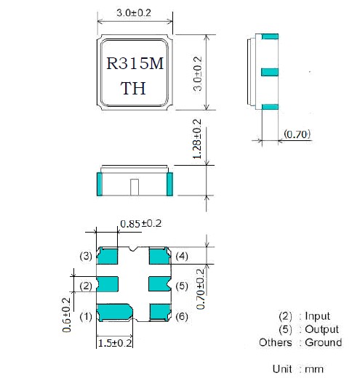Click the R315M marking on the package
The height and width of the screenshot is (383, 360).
(135, 63)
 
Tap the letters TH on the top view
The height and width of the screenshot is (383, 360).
(133, 88)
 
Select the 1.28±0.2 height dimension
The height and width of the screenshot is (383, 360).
(197, 139)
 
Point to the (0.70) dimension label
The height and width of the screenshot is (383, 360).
(297, 134)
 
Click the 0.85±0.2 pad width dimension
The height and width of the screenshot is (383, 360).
(141, 224)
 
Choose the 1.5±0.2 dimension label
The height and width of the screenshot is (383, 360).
(115, 343)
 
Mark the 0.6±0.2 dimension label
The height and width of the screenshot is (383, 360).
(67, 315)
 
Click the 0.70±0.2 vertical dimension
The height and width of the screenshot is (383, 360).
(201, 289)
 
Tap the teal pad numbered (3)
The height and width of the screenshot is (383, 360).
(108, 256)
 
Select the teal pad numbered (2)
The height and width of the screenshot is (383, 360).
(108, 284)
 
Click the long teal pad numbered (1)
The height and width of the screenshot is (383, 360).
(115, 313)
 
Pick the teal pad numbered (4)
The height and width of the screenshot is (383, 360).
(160, 256)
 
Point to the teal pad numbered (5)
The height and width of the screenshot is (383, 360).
(159, 284)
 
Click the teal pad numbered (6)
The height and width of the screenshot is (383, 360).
(160, 312)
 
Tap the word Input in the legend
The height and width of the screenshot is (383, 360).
(317, 316)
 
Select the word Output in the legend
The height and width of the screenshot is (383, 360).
(321, 329)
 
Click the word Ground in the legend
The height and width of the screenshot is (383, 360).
(324, 342)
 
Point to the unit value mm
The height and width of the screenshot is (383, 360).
(313, 369)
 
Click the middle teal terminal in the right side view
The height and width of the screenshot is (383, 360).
(270, 72)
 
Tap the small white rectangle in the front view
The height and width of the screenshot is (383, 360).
(135, 187)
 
